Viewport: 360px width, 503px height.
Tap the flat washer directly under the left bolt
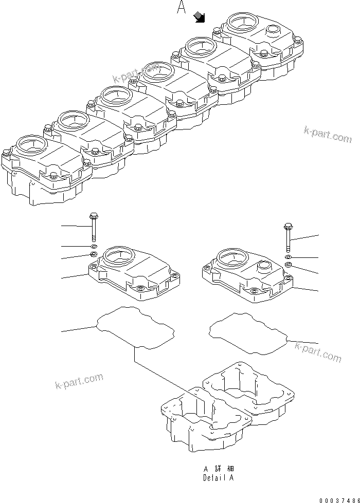point(93,246)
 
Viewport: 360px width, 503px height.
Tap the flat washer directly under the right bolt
point(288,256)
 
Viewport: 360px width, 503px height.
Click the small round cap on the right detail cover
point(264,267)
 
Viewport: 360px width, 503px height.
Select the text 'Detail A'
point(218,477)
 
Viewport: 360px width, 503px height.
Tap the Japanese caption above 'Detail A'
point(218,469)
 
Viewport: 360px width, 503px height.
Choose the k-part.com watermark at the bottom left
point(78,382)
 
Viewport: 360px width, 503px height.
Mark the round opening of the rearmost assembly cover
point(241,22)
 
